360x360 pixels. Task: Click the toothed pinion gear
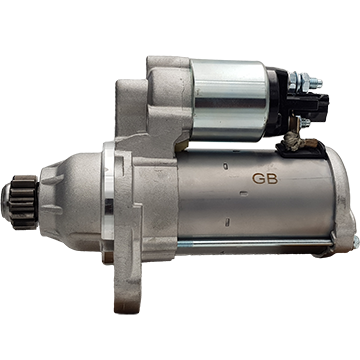(x=23, y=202)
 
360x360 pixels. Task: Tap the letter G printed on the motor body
(x=258, y=179)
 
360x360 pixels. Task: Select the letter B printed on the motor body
(x=272, y=179)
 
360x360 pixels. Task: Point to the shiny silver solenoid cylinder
(x=230, y=100)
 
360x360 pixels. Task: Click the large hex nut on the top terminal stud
(x=304, y=81)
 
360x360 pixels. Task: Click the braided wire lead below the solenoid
(x=293, y=143)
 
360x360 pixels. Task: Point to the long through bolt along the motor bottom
(x=255, y=244)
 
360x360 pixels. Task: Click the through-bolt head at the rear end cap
(x=356, y=242)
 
